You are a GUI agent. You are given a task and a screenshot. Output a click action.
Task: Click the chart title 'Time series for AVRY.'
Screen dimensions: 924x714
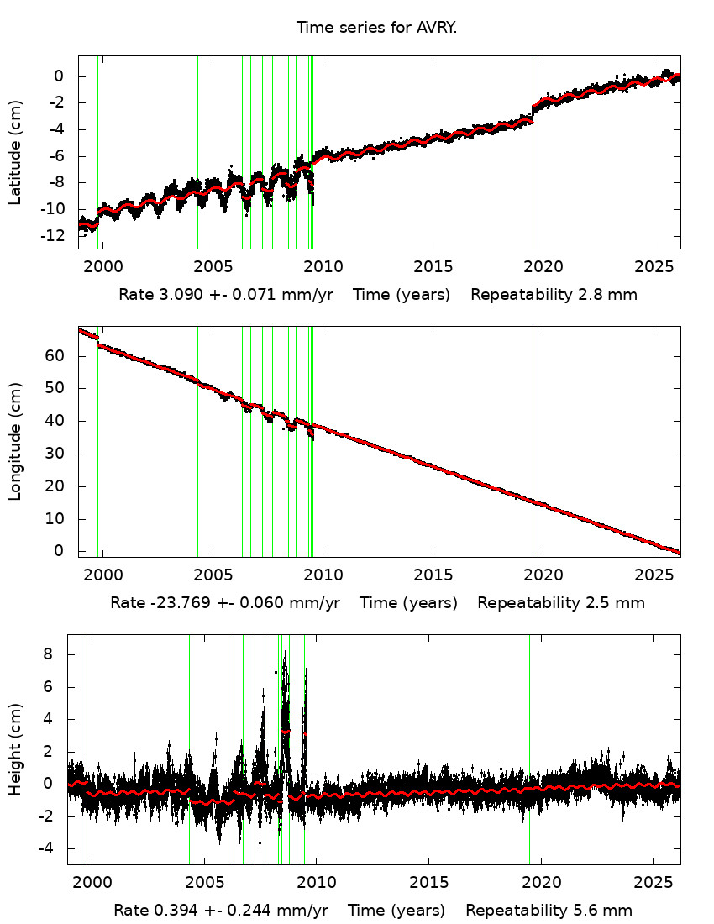pos(376,28)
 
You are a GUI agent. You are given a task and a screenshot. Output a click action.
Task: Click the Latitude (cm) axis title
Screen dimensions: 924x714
pos(15,152)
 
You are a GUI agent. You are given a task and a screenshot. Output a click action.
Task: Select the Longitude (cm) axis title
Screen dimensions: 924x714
pos(15,442)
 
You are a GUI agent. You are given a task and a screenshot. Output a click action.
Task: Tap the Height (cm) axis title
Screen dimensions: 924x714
pos(15,749)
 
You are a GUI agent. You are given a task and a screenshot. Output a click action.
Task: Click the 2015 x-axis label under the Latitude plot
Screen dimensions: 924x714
pos(433,267)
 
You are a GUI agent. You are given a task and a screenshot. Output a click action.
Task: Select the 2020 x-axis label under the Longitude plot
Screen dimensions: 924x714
pos(543,575)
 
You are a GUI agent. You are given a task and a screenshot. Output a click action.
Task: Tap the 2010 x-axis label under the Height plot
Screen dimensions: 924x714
pos(317,882)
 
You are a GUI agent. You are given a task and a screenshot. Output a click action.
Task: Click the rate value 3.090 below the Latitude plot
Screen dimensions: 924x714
pos(179,295)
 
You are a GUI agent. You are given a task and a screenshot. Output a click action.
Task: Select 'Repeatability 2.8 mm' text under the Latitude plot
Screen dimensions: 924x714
pos(554,295)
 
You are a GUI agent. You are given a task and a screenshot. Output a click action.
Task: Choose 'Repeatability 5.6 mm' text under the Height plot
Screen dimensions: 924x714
pos(549,911)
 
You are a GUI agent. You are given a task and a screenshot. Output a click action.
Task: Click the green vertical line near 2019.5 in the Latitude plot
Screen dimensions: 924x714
pos(533,168)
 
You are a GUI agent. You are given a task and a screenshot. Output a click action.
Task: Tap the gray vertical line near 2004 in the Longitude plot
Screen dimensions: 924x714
pos(197,470)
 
